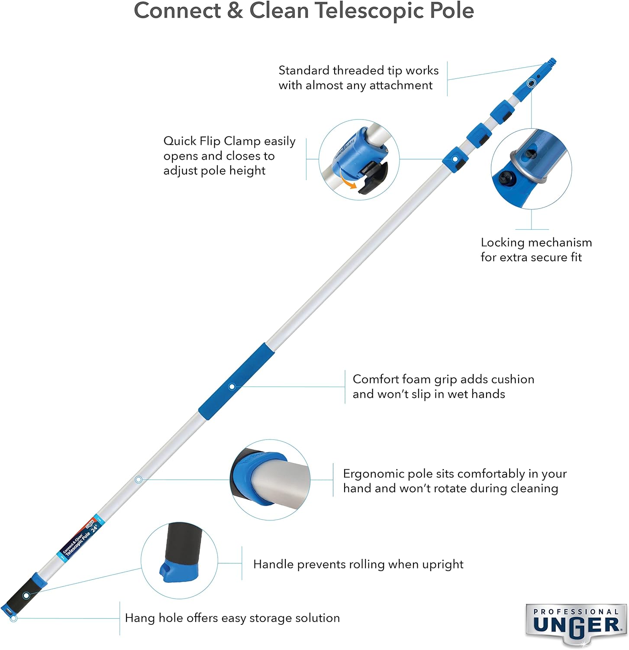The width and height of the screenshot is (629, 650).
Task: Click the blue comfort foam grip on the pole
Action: click(x=236, y=382)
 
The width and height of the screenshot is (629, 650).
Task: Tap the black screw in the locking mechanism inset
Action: click(x=504, y=177)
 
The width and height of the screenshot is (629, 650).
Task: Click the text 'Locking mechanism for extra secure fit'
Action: click(x=536, y=250)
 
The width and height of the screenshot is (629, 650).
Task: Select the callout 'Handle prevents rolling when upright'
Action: click(x=358, y=564)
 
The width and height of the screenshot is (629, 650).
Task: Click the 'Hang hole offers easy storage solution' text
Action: click(x=232, y=618)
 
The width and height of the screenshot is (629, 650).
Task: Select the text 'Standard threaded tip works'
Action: click(x=358, y=70)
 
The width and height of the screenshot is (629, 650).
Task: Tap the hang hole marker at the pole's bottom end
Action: click(x=13, y=618)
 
